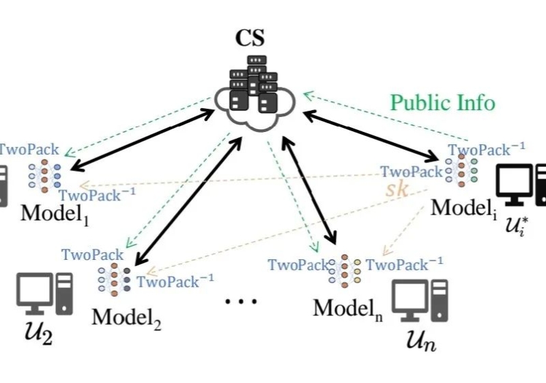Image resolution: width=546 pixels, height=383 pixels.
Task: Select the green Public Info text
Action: (x=442, y=103)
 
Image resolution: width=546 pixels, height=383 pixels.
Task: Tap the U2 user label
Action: (x=35, y=337)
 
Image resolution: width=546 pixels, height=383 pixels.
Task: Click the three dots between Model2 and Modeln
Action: (x=242, y=301)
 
